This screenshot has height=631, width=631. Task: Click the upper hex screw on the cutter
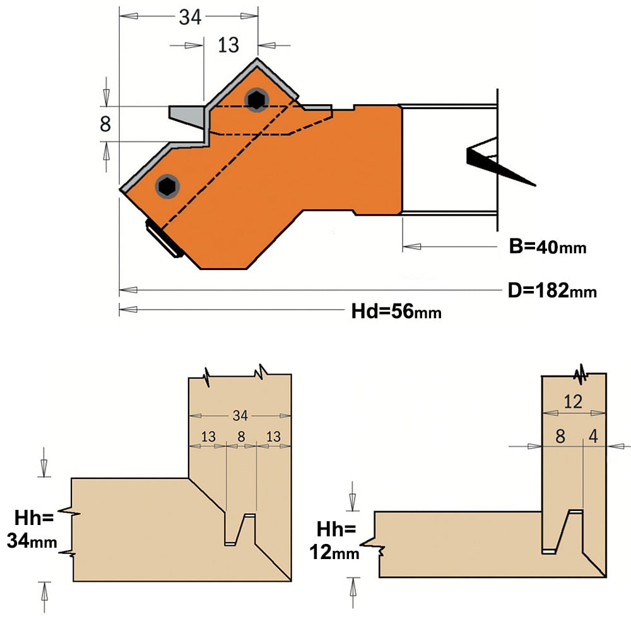coord(256,100)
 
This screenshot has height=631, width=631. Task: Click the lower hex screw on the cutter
coord(167,186)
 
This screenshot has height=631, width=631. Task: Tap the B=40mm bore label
coord(547,246)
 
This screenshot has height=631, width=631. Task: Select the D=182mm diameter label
coord(552,290)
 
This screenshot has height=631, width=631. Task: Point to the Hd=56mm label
coord(396,311)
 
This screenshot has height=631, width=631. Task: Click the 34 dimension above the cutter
coord(190,17)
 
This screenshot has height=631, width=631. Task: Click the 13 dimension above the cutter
coord(228,45)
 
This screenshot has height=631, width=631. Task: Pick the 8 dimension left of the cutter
coord(105,124)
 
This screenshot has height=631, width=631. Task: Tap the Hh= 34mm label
coord(32,529)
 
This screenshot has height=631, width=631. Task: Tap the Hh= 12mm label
coord(334,541)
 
